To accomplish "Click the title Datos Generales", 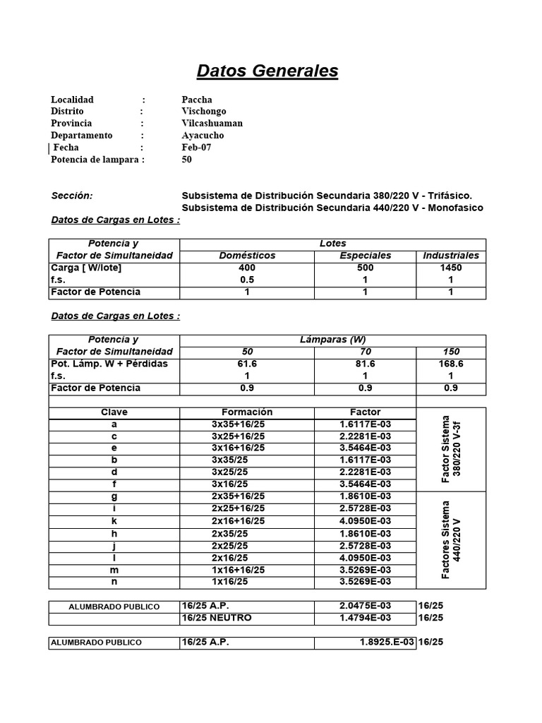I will [x=267, y=71].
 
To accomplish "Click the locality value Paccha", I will [x=197, y=100].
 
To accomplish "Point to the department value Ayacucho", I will [x=203, y=136].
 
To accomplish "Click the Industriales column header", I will [x=450, y=256].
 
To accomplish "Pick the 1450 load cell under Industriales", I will [x=450, y=268].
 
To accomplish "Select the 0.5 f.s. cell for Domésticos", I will [x=247, y=280].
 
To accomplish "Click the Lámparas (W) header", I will [x=332, y=340].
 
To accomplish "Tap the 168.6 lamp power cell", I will [x=450, y=364].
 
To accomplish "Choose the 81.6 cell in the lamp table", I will [x=364, y=364].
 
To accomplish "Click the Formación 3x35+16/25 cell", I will [x=239, y=424].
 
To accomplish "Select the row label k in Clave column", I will [x=114, y=521].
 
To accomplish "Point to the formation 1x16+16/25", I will [x=239, y=570].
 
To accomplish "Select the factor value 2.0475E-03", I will [x=365, y=607].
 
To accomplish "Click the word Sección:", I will [x=72, y=196].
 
